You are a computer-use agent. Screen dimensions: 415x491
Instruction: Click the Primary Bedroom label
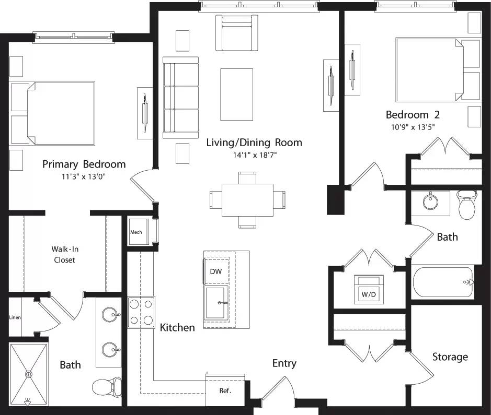coord(84,164)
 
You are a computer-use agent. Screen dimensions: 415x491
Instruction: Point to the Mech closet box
coord(136,232)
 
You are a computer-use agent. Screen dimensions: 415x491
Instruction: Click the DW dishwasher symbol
coord(215,271)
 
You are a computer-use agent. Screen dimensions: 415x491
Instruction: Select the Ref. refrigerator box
coord(225,390)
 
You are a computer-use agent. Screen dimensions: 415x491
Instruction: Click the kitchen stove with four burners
coord(141,312)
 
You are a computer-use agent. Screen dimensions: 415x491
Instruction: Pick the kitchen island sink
coord(216,302)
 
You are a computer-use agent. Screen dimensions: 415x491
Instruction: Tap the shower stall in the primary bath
coord(28,374)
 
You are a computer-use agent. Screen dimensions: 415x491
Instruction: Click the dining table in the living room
coord(247,199)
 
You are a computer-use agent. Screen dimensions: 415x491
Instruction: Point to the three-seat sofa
coord(181,98)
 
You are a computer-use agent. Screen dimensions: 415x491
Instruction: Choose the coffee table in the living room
coord(236,94)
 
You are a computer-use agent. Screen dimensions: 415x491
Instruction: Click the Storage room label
coord(450,357)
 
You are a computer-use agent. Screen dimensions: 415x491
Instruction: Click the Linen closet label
coord(15,317)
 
